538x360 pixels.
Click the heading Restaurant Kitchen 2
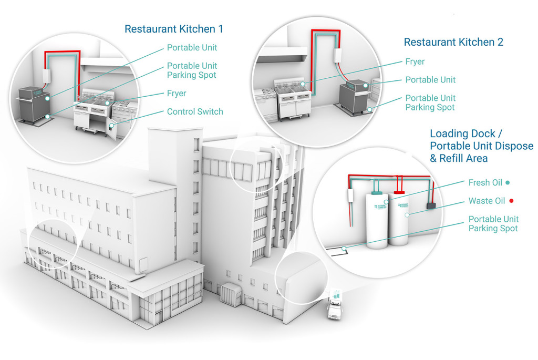tap(453, 42)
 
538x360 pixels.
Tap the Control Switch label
tap(195, 111)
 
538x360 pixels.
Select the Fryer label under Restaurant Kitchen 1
tap(177, 94)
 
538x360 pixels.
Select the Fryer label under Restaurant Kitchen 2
tap(415, 61)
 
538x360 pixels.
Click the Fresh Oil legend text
tap(485, 183)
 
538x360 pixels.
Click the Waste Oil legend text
tap(487, 201)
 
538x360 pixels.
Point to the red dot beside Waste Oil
tap(510, 201)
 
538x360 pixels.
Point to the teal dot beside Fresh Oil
tap(507, 183)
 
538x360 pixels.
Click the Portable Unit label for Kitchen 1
tap(192, 48)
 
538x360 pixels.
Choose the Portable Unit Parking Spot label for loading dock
tap(493, 223)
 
